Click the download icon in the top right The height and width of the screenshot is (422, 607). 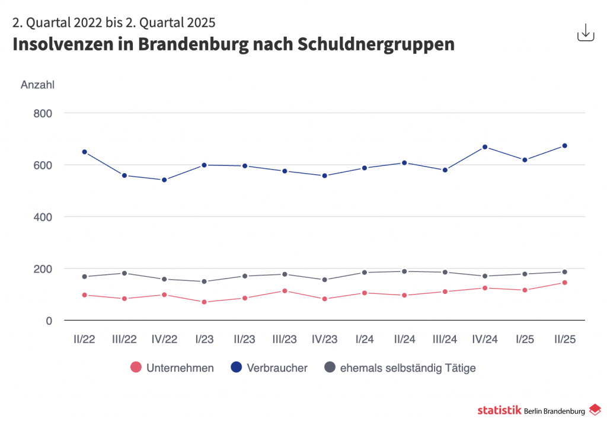tap(585, 33)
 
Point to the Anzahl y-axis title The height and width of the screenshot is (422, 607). tap(37, 85)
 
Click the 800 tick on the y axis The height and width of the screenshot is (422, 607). tap(41, 113)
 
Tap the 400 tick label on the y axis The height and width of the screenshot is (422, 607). tap(41, 217)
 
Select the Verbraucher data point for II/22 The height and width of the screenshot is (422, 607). tap(84, 152)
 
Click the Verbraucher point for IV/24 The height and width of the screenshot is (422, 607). tap(485, 146)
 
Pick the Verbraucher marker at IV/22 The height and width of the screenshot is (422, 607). tap(164, 180)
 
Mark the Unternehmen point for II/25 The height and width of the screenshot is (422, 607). tap(565, 282)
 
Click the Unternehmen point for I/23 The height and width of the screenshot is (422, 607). tap(205, 302)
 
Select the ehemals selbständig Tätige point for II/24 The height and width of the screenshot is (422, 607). tap(405, 271)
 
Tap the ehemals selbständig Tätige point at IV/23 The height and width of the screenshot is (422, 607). tap(325, 280)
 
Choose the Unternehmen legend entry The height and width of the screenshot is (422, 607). tap(172, 368)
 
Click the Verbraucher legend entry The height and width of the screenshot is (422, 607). tap(269, 368)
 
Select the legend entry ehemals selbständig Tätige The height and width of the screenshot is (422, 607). tap(400, 368)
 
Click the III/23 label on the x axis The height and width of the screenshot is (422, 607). tap(285, 340)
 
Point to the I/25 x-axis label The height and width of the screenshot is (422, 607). tap(525, 340)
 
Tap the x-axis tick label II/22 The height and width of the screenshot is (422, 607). tap(84, 340)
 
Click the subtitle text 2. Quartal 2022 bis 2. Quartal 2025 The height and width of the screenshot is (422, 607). tap(114, 23)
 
